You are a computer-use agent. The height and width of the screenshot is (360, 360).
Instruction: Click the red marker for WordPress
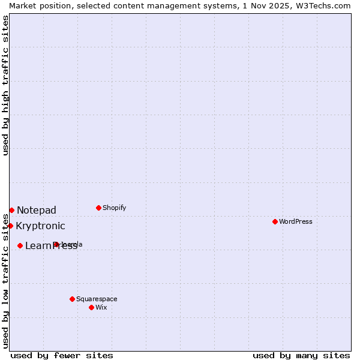[x=275, y=221]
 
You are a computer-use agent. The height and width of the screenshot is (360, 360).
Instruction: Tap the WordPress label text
[x=296, y=221]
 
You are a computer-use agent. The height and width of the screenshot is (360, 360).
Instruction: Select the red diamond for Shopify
[x=98, y=208]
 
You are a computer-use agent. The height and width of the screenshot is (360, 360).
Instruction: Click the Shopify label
[x=115, y=208]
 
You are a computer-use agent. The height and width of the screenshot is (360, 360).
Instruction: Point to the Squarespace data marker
[x=72, y=299]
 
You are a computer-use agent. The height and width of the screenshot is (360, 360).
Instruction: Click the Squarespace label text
[x=97, y=299]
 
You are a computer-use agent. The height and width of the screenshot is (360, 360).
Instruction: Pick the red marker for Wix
[x=91, y=307]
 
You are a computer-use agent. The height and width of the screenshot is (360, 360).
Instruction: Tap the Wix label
[x=101, y=307]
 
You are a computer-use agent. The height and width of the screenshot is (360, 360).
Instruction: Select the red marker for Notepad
[x=11, y=210]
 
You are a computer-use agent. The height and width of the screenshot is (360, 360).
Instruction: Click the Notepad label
[x=37, y=210]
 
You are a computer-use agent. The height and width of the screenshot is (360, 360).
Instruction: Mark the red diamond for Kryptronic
[x=10, y=226]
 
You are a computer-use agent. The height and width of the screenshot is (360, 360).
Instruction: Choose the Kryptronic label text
[x=40, y=226]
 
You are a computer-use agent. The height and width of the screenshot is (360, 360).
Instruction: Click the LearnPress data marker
[x=20, y=245]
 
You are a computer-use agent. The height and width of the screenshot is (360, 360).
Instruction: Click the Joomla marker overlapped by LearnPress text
[x=56, y=244]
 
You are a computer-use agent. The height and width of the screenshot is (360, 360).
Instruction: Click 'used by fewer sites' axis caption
[x=62, y=355]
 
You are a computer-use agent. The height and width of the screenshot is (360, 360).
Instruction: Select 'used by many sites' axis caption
[x=301, y=355]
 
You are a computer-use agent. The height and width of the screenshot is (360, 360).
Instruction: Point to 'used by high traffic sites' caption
[x=6, y=85]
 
